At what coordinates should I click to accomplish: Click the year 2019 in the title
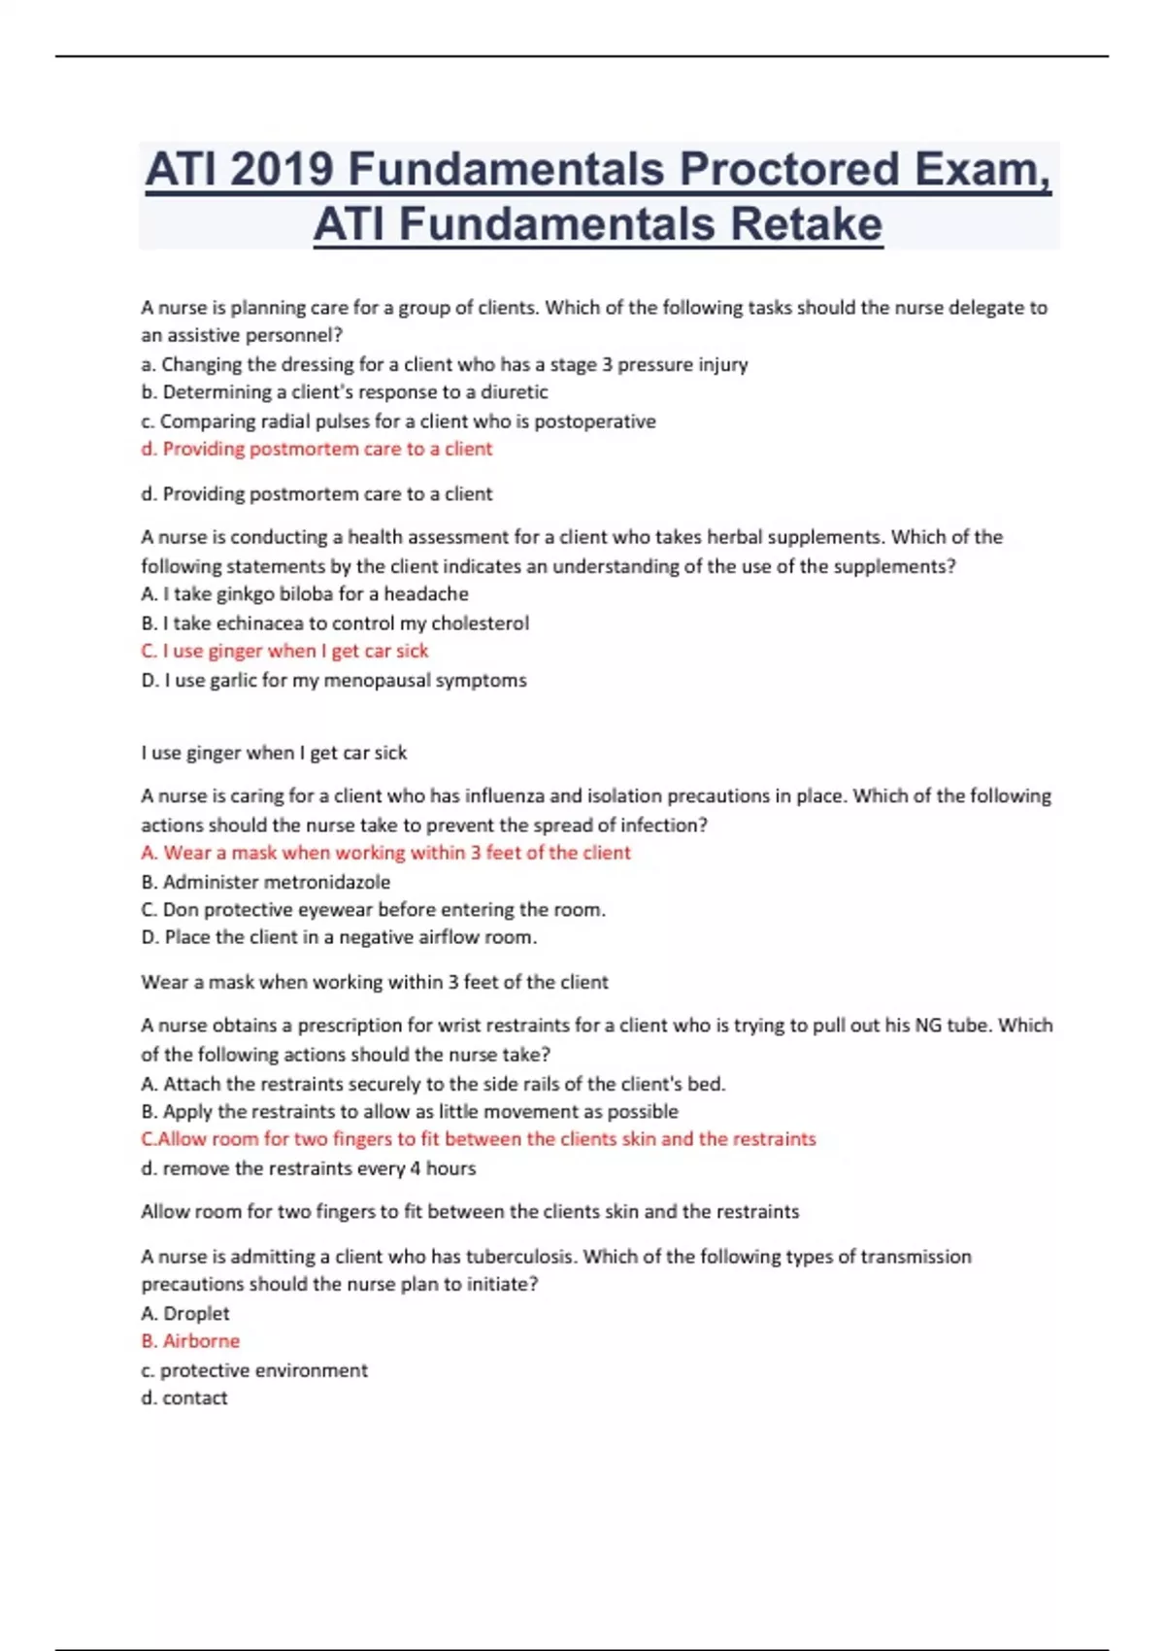tap(282, 170)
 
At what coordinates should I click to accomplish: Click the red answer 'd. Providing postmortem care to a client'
tap(316, 449)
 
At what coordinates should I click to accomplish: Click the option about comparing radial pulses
tap(398, 421)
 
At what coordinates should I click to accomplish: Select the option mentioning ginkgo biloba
tap(305, 593)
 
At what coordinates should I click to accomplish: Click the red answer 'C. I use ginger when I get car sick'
tap(284, 651)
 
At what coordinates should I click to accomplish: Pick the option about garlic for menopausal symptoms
tap(334, 680)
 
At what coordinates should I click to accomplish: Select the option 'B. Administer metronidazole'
tap(266, 882)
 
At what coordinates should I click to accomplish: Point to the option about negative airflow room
tap(339, 937)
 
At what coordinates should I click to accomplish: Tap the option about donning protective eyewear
tap(373, 910)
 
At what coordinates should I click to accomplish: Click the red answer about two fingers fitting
tap(479, 1139)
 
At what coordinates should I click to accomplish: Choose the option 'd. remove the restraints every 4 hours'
tap(309, 1168)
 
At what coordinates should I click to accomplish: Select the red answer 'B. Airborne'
tap(190, 1341)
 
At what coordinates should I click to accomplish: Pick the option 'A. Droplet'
tap(185, 1313)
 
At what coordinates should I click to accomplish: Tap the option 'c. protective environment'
tap(254, 1370)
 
